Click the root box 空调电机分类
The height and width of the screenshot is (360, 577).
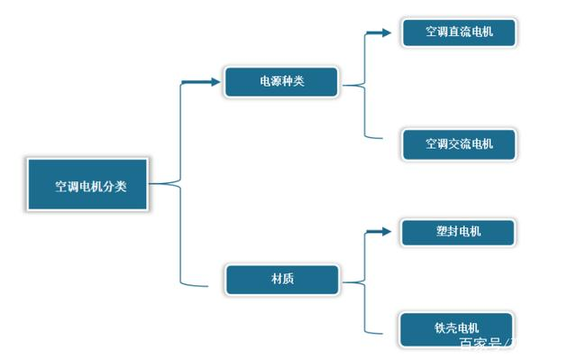(87, 185)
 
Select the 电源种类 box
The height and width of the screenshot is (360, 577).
(281, 81)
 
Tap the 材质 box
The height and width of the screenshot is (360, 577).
(281, 279)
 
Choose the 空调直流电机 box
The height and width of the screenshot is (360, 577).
(459, 32)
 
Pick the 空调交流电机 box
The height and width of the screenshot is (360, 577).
(459, 143)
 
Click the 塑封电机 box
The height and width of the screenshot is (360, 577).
(457, 231)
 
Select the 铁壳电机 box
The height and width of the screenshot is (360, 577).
(456, 327)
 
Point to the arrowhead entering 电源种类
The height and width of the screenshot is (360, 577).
(215, 82)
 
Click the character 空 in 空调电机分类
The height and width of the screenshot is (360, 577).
(60, 187)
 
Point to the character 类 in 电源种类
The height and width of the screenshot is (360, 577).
(298, 82)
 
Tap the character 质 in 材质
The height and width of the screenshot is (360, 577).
(288, 279)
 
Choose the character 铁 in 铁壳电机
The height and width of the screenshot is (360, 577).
(439, 328)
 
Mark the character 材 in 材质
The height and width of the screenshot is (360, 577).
(276, 279)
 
